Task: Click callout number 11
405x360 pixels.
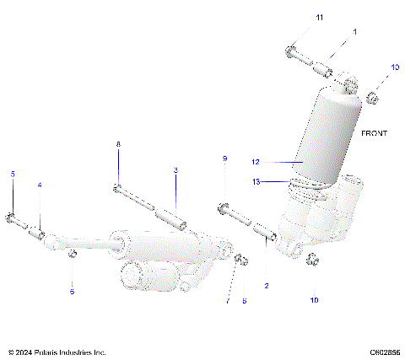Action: [x=295, y=17]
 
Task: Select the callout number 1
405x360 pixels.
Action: [x=354, y=31]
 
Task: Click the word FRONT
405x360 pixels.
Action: [x=374, y=133]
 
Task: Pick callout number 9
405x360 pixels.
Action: [x=224, y=159]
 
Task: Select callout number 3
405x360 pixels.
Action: [x=175, y=170]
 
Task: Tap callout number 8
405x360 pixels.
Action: [x=118, y=145]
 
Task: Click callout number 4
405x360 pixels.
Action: [x=38, y=185]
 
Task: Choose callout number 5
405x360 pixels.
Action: [x=13, y=174]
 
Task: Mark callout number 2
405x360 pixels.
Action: [x=267, y=286]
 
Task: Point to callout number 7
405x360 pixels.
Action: [x=227, y=301]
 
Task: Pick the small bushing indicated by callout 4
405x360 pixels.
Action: [x=38, y=228]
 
